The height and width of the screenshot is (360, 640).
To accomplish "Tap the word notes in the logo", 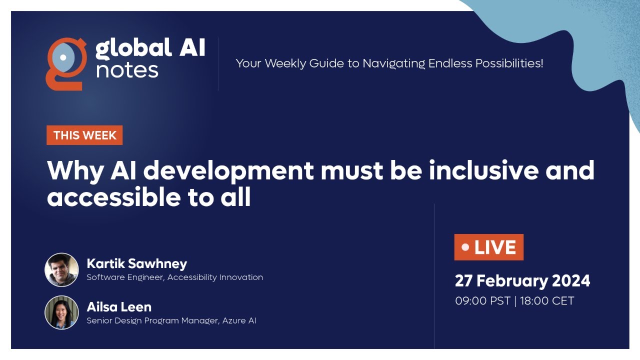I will tap(127, 70).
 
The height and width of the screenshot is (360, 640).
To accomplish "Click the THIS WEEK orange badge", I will tap(84, 135).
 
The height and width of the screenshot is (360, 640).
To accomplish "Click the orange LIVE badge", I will tap(488, 247).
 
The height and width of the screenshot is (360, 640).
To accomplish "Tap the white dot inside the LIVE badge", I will tap(465, 247).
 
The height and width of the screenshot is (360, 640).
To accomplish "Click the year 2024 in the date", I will tap(570, 280).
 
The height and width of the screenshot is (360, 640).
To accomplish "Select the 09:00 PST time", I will tap(482, 301).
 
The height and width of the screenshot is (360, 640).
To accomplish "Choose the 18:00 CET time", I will tap(547, 301).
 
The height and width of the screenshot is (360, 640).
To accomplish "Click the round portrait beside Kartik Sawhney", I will tap(61, 269).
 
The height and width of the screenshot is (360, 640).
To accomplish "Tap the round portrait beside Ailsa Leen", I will tap(61, 312).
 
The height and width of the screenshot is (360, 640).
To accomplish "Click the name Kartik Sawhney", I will tap(136, 263).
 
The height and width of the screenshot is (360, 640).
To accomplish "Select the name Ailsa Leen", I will tap(119, 306).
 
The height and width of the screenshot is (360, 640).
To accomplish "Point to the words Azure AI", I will tap(239, 320).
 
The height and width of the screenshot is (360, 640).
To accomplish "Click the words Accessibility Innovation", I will tap(215, 277).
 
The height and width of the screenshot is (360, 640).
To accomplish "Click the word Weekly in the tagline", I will tap(286, 63).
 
